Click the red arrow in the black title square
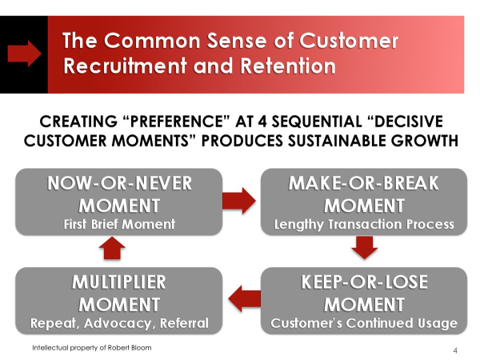pyautogui.click(x=24, y=54)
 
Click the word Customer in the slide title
pyautogui.click(x=349, y=41)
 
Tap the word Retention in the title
pyautogui.click(x=288, y=66)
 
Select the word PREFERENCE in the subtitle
pyautogui.click(x=178, y=122)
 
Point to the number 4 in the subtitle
pyautogui.click(x=262, y=122)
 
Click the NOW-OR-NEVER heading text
pyautogui.click(x=119, y=183)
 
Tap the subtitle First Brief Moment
pyautogui.click(x=119, y=224)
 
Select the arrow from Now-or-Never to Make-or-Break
pyautogui.click(x=239, y=201)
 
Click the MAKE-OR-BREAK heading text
pyautogui.click(x=364, y=183)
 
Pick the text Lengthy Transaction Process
pyautogui.click(x=364, y=224)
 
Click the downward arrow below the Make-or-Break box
pyautogui.click(x=364, y=248)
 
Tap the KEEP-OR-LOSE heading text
pyautogui.click(x=364, y=282)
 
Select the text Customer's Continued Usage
pyautogui.click(x=364, y=323)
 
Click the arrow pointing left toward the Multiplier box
pyautogui.click(x=245, y=298)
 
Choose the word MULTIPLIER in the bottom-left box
pyautogui.click(x=119, y=282)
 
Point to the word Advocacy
pyautogui.click(x=118, y=323)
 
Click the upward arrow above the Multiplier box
pyautogui.click(x=112, y=248)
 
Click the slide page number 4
pyautogui.click(x=455, y=350)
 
